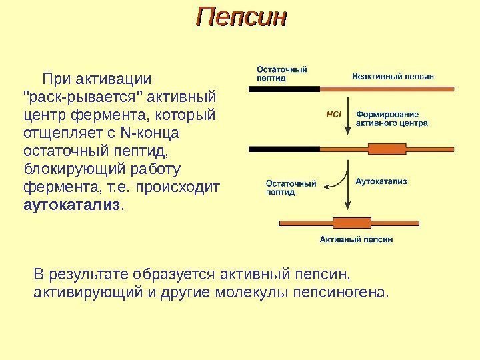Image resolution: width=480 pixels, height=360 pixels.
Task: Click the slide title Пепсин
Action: [x=241, y=17]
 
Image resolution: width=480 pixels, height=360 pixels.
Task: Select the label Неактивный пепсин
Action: [x=393, y=76]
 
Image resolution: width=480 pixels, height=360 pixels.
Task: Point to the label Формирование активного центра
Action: [x=393, y=118]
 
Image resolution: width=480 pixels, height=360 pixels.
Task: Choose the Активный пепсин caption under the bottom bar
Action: [x=357, y=238]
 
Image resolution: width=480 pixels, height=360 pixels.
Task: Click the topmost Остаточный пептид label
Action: [x=282, y=72]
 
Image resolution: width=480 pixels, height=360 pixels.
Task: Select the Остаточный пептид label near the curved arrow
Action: [x=291, y=186]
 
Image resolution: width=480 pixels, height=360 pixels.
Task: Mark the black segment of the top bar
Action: [x=283, y=87]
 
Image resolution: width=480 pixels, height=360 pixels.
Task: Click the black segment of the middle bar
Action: [x=283, y=147]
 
